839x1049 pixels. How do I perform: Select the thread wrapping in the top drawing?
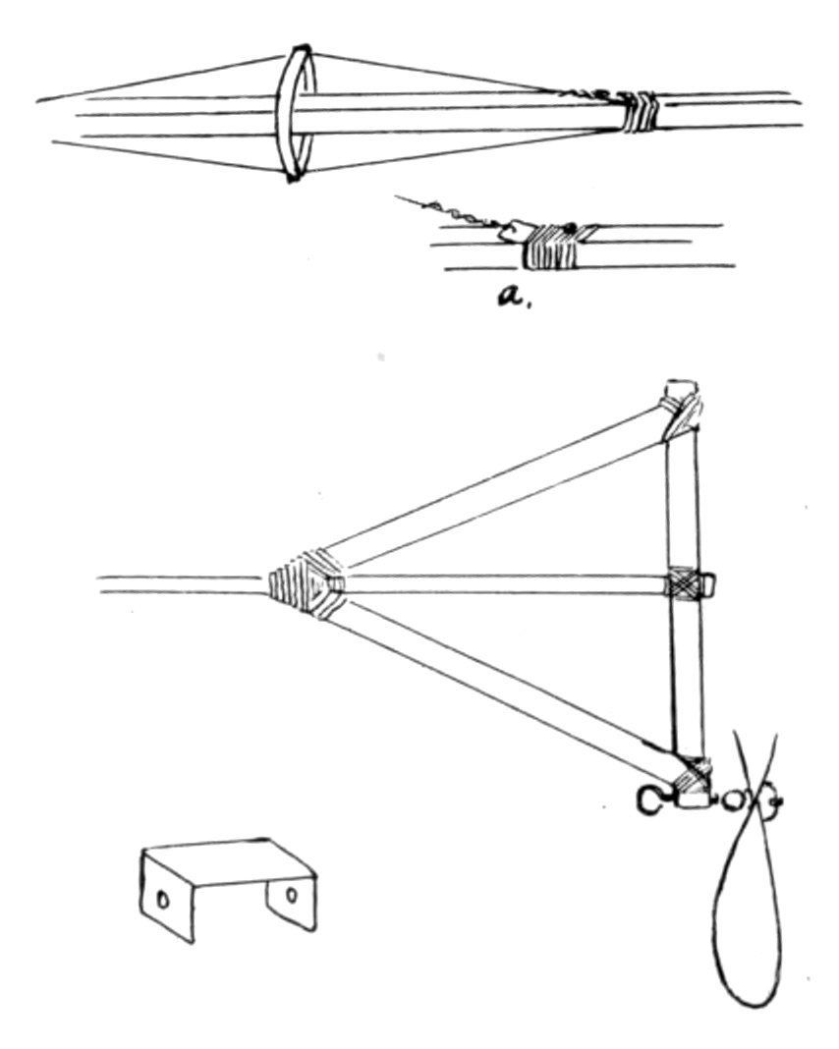pyautogui.click(x=640, y=112)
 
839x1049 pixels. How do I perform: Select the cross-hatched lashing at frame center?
pyautogui.click(x=684, y=584)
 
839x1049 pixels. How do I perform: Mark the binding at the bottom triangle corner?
pyautogui.click(x=692, y=779)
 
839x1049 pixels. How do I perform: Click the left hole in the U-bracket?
pyautogui.click(x=164, y=897)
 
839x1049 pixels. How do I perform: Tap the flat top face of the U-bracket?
pyautogui.click(x=228, y=856)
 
